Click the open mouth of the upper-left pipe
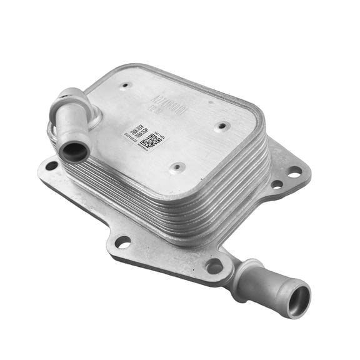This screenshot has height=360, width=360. coord(74,151)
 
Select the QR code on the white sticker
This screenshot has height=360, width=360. coord(151,141)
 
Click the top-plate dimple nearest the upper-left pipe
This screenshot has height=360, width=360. coord(125,85)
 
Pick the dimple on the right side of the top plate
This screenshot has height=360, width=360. coord(221,126)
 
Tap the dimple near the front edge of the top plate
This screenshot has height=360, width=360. coord(177,167)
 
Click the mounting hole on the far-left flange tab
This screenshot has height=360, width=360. coord(51,166)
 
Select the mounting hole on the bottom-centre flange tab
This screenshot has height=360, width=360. coord(123,241)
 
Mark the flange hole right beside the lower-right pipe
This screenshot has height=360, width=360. coord(215,266)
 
